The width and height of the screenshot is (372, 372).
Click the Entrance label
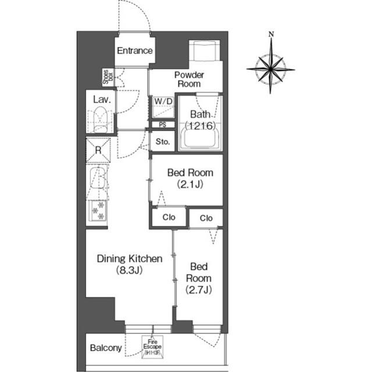[135, 51]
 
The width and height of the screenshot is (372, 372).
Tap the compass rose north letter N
[271, 34]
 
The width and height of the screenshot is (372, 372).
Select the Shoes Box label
[107, 77]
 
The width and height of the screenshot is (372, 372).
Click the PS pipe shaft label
[163, 124]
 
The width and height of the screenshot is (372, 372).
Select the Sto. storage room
[163, 141]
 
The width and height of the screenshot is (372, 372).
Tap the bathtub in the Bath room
[200, 140]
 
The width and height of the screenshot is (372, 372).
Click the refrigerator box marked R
[99, 150]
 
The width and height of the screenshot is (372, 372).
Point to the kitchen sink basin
[99, 180]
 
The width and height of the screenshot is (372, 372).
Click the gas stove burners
[99, 210]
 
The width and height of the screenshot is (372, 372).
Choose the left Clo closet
[169, 218]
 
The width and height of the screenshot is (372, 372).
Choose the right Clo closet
[206, 218]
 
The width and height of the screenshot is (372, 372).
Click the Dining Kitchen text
[128, 258]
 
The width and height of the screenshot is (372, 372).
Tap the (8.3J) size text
[128, 270]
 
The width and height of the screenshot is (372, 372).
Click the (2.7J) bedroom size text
[198, 289]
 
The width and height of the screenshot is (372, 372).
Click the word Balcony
[106, 349]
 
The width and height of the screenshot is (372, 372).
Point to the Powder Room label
[189, 79]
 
